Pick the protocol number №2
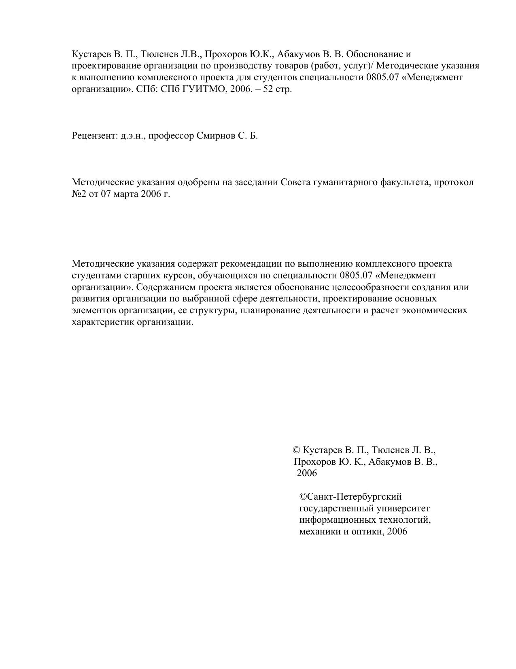click(x=78, y=194)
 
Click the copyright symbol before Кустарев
click(x=296, y=450)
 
